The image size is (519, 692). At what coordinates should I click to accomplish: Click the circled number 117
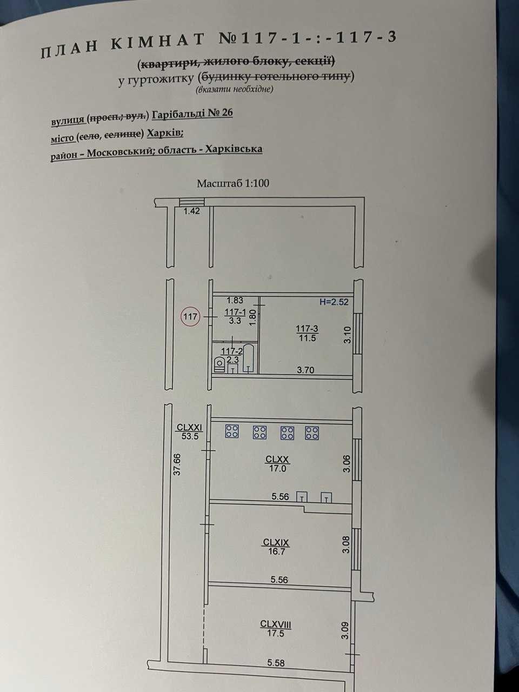(190, 316)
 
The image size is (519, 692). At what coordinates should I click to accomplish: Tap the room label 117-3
(307, 329)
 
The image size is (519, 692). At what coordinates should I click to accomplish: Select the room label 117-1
(235, 312)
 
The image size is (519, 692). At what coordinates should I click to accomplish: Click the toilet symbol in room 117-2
(219, 364)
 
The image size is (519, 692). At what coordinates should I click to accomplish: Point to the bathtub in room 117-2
(248, 358)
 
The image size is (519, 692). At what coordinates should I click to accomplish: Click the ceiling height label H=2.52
(334, 302)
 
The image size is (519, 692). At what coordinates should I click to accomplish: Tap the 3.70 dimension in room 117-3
(305, 370)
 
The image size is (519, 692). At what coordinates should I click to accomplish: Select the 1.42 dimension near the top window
(191, 211)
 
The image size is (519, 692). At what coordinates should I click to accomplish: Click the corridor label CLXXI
(189, 428)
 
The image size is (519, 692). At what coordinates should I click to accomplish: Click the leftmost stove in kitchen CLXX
(232, 431)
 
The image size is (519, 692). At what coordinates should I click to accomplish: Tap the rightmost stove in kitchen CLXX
(312, 433)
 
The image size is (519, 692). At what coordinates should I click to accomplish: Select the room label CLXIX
(276, 542)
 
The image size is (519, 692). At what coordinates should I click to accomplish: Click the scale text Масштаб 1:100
(233, 183)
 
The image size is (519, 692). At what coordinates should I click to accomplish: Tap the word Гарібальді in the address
(178, 114)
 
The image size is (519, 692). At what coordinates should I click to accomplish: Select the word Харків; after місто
(165, 134)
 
